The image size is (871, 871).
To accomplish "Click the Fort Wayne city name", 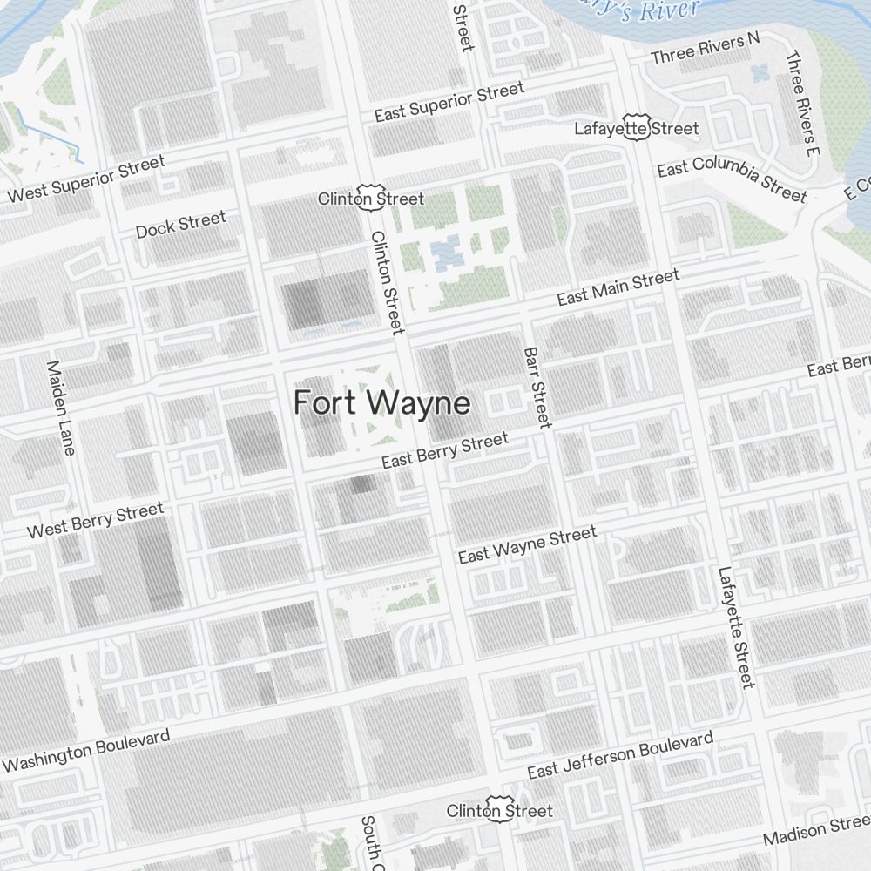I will tap(381, 403).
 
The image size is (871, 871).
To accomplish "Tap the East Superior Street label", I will tap(449, 101).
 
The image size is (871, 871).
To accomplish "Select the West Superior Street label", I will tap(85, 179).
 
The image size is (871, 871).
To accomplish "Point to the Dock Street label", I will tap(180, 224).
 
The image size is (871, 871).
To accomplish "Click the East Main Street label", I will tap(618, 287).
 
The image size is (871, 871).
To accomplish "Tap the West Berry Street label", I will tap(95, 519).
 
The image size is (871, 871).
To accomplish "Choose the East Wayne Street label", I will tap(527, 544).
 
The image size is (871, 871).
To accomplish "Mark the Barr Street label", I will tap(537, 388).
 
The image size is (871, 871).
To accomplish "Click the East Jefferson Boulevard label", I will tap(619, 755).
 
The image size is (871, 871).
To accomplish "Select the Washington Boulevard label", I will tap(87, 750).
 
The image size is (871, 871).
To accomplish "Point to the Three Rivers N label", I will tap(706, 48).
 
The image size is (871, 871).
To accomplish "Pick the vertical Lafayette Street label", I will tap(736, 627).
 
